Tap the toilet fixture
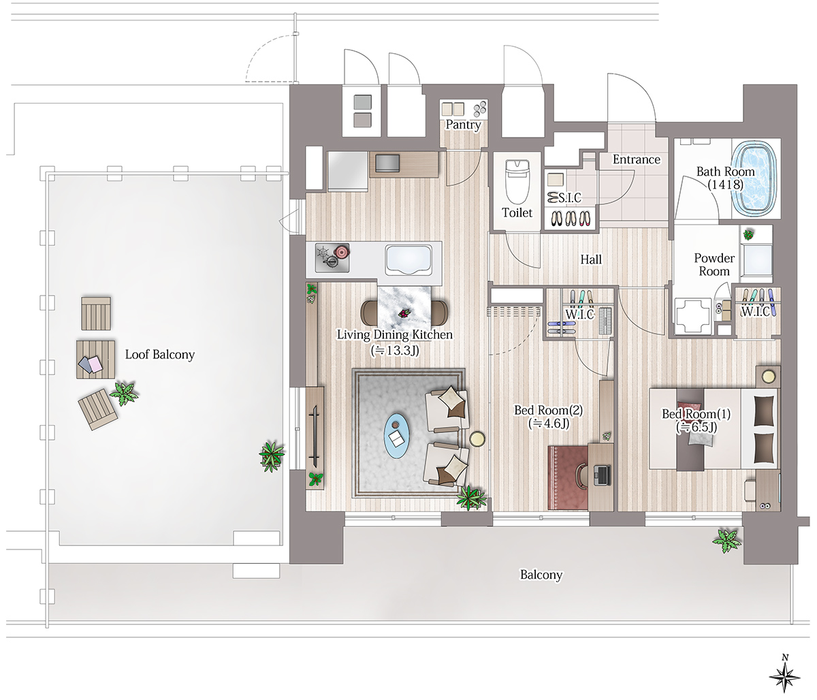point(517,181)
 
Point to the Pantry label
point(463,125)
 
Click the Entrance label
point(637,159)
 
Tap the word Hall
point(591,259)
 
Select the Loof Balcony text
point(160,355)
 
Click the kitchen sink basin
point(408,259)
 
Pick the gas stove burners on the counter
point(332,258)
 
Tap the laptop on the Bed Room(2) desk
point(602,475)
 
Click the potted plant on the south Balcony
point(727,540)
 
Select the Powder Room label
point(714,264)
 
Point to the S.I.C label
point(570,197)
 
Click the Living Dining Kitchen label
point(394,335)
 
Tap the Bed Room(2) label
point(548,410)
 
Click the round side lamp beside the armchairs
point(477,439)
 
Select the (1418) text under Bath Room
point(725,185)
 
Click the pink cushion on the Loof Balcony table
point(95,363)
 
